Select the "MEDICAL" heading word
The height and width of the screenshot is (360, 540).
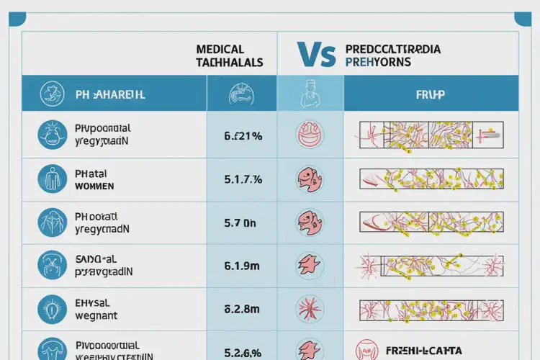click(220, 50)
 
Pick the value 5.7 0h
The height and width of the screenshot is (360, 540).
click(240, 223)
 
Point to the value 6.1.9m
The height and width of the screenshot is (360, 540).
click(241, 266)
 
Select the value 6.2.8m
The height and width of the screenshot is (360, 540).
click(241, 310)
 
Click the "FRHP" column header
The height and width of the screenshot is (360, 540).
click(431, 94)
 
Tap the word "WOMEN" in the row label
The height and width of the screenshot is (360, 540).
click(94, 186)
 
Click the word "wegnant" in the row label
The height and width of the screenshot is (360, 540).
click(96, 315)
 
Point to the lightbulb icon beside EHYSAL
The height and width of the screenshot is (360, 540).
click(50, 308)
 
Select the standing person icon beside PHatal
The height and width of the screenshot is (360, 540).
click(50, 179)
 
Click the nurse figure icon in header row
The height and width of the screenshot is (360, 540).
click(310, 92)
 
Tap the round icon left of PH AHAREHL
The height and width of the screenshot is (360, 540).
click(50, 94)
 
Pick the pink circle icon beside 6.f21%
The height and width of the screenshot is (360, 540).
click(310, 135)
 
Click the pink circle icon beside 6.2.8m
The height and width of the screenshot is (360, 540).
click(310, 310)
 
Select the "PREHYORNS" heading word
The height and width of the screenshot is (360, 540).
click(378, 63)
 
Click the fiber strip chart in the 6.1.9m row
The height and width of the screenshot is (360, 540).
click(431, 266)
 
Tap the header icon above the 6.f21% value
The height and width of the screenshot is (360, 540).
click(242, 94)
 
